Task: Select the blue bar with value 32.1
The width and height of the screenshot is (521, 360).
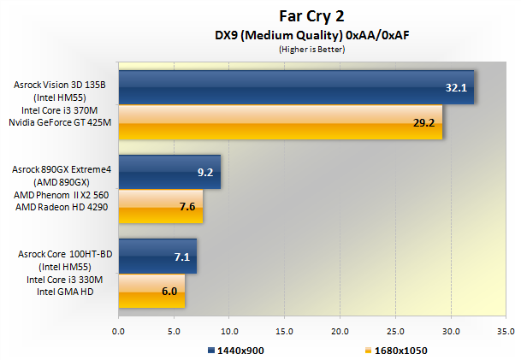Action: pyautogui.click(x=295, y=87)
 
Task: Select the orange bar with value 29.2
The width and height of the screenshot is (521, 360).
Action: pyautogui.click(x=280, y=122)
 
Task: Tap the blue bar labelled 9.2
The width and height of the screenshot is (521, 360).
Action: pyautogui.click(x=169, y=172)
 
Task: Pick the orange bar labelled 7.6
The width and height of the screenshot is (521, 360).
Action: pyautogui.click(x=160, y=206)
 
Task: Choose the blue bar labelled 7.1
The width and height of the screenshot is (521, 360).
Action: pyautogui.click(x=157, y=256)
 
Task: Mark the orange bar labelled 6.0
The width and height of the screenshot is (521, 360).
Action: pyautogui.click(x=151, y=291)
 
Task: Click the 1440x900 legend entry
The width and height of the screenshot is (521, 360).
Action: pyautogui.click(x=239, y=350)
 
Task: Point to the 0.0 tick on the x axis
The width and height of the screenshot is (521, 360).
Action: pyautogui.click(x=119, y=329)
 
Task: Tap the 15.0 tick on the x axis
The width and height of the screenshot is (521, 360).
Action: pyautogui.click(x=285, y=329)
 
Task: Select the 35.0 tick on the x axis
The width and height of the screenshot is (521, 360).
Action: pyautogui.click(x=506, y=329)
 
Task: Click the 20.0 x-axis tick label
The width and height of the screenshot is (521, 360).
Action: pyautogui.click(x=340, y=329)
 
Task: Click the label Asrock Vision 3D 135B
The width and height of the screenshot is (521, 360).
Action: pyautogui.click(x=59, y=85)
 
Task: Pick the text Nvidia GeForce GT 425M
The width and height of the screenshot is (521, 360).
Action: pyautogui.click(x=61, y=124)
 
